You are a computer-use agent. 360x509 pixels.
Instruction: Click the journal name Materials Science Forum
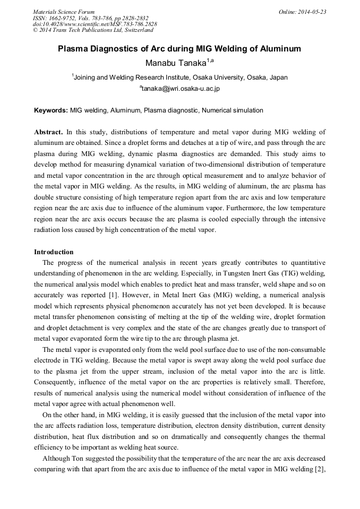coord(64,12)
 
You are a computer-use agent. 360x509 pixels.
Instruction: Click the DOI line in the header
coord(95,24)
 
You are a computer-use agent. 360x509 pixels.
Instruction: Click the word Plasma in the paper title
coord(73,49)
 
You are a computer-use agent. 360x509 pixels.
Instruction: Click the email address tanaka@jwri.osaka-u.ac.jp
coord(181,89)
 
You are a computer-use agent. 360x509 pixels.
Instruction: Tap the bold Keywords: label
coord(51,110)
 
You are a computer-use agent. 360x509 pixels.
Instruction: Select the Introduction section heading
coord(54,252)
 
